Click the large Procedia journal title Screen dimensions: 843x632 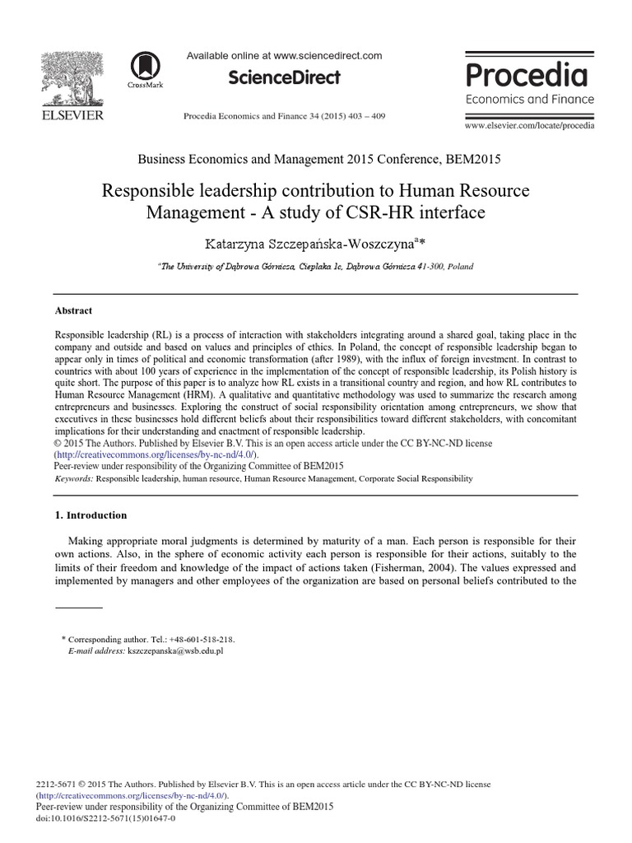(x=527, y=76)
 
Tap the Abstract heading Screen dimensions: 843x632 (x=73, y=311)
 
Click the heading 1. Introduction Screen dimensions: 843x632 (x=91, y=515)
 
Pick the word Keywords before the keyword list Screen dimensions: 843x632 (x=73, y=478)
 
